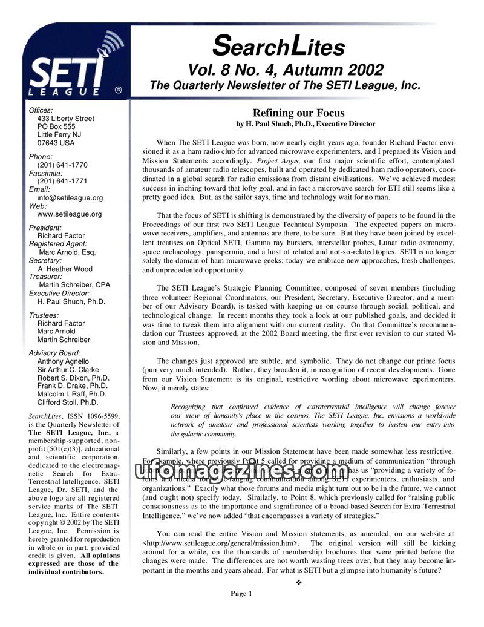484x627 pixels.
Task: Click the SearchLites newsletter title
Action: [280, 46]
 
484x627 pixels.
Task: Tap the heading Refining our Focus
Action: [298, 113]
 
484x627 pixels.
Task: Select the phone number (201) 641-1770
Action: [62, 165]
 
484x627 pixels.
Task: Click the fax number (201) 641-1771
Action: [62, 181]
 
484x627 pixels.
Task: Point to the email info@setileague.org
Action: [70, 197]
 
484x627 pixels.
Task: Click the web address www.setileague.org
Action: [70, 214]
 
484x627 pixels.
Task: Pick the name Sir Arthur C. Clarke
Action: [68, 369]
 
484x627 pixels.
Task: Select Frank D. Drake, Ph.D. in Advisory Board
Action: [73, 386]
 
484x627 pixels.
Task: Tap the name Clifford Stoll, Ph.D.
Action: [68, 402]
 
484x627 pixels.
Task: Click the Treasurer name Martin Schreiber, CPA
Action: [74, 284]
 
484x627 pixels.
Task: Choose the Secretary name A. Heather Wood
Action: [65, 269]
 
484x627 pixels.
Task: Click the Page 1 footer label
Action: [241, 593]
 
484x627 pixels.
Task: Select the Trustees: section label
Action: [44, 315]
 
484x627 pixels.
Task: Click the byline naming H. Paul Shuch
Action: [306, 124]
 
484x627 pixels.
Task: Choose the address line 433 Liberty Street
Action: [66, 119]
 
